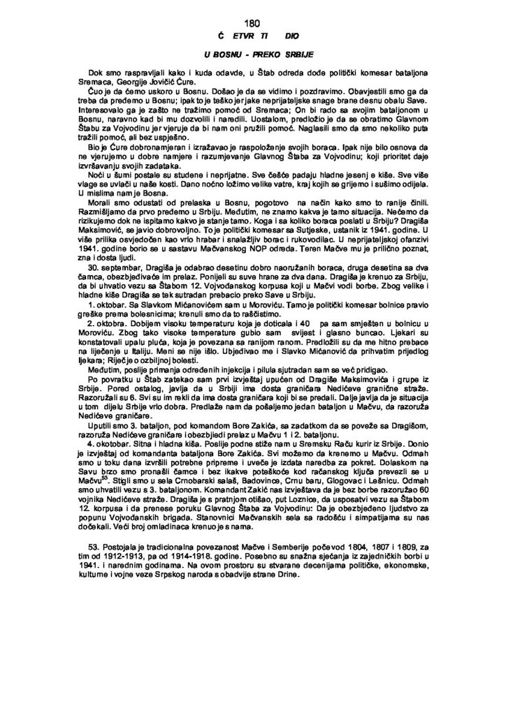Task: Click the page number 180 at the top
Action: tap(252, 23)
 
